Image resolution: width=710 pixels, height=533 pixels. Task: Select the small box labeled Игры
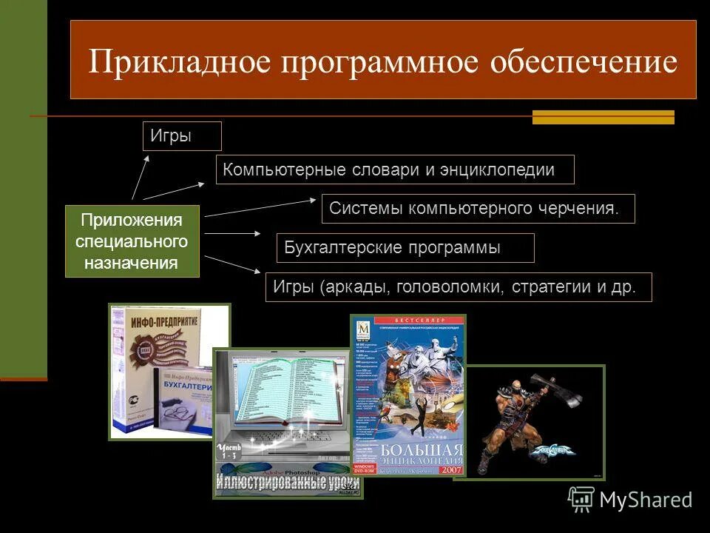(181, 136)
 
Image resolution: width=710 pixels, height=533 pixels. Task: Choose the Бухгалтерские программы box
(405, 248)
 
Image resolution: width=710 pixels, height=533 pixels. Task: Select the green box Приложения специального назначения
(132, 241)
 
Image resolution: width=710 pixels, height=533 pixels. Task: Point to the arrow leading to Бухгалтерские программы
(233, 233)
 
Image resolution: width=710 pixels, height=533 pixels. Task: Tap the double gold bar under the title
(603, 117)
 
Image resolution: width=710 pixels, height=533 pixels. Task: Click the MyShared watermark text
(646, 500)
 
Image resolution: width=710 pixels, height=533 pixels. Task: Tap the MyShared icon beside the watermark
(581, 500)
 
